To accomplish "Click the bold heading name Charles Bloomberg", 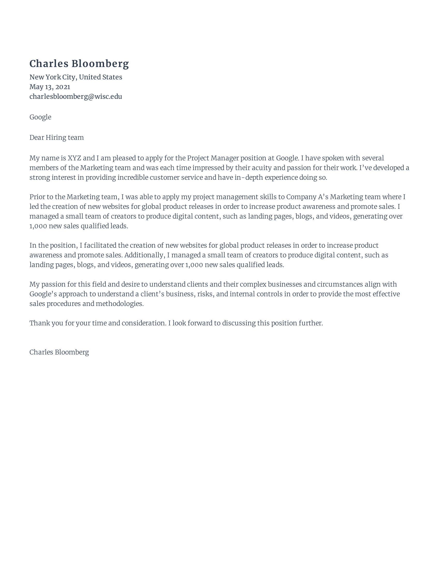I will [x=79, y=64].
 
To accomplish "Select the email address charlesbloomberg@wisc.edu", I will [x=76, y=97].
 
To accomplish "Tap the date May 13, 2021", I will [x=49, y=87].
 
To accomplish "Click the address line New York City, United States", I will [x=76, y=77].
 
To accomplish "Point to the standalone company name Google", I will [x=40, y=117].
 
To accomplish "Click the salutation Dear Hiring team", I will [x=57, y=138].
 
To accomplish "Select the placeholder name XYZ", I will [x=74, y=158].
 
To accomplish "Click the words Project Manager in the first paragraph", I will [x=213, y=158].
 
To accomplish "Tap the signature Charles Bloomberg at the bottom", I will [x=59, y=353].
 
